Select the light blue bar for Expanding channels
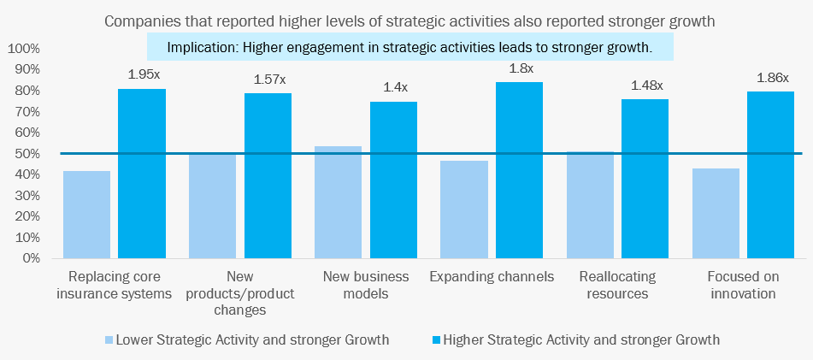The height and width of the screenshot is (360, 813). point(464,209)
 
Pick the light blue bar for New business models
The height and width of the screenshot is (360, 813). point(339,202)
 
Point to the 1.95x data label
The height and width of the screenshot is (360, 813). point(143,74)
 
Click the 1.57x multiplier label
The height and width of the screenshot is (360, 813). point(268,80)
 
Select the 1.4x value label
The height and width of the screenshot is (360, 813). point(393,86)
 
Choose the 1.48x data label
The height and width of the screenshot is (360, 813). point(645,86)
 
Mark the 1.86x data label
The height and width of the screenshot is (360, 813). point(771,78)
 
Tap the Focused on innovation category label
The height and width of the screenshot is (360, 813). point(741,286)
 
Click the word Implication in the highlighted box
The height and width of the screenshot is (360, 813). point(202,48)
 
